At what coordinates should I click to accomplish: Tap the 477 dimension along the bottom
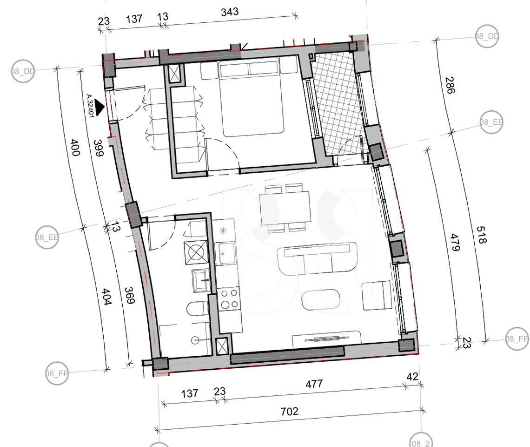click(x=314, y=384)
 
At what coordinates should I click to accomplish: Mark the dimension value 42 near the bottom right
click(x=412, y=377)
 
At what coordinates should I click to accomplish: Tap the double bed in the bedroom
click(x=251, y=98)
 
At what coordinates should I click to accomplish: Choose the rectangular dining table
click(x=285, y=207)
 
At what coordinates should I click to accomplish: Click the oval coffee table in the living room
click(x=324, y=300)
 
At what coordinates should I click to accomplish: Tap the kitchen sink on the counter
click(x=227, y=254)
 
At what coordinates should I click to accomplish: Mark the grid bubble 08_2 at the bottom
click(x=420, y=440)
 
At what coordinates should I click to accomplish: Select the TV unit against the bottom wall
click(x=326, y=339)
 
